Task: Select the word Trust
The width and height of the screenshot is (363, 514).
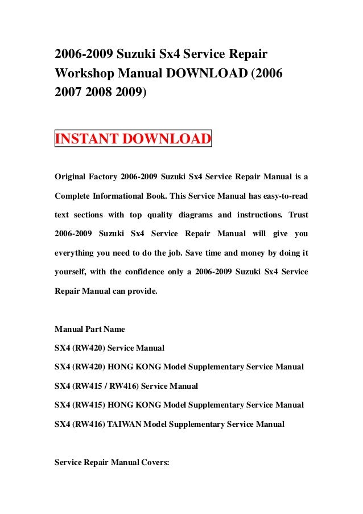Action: pos(298,216)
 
